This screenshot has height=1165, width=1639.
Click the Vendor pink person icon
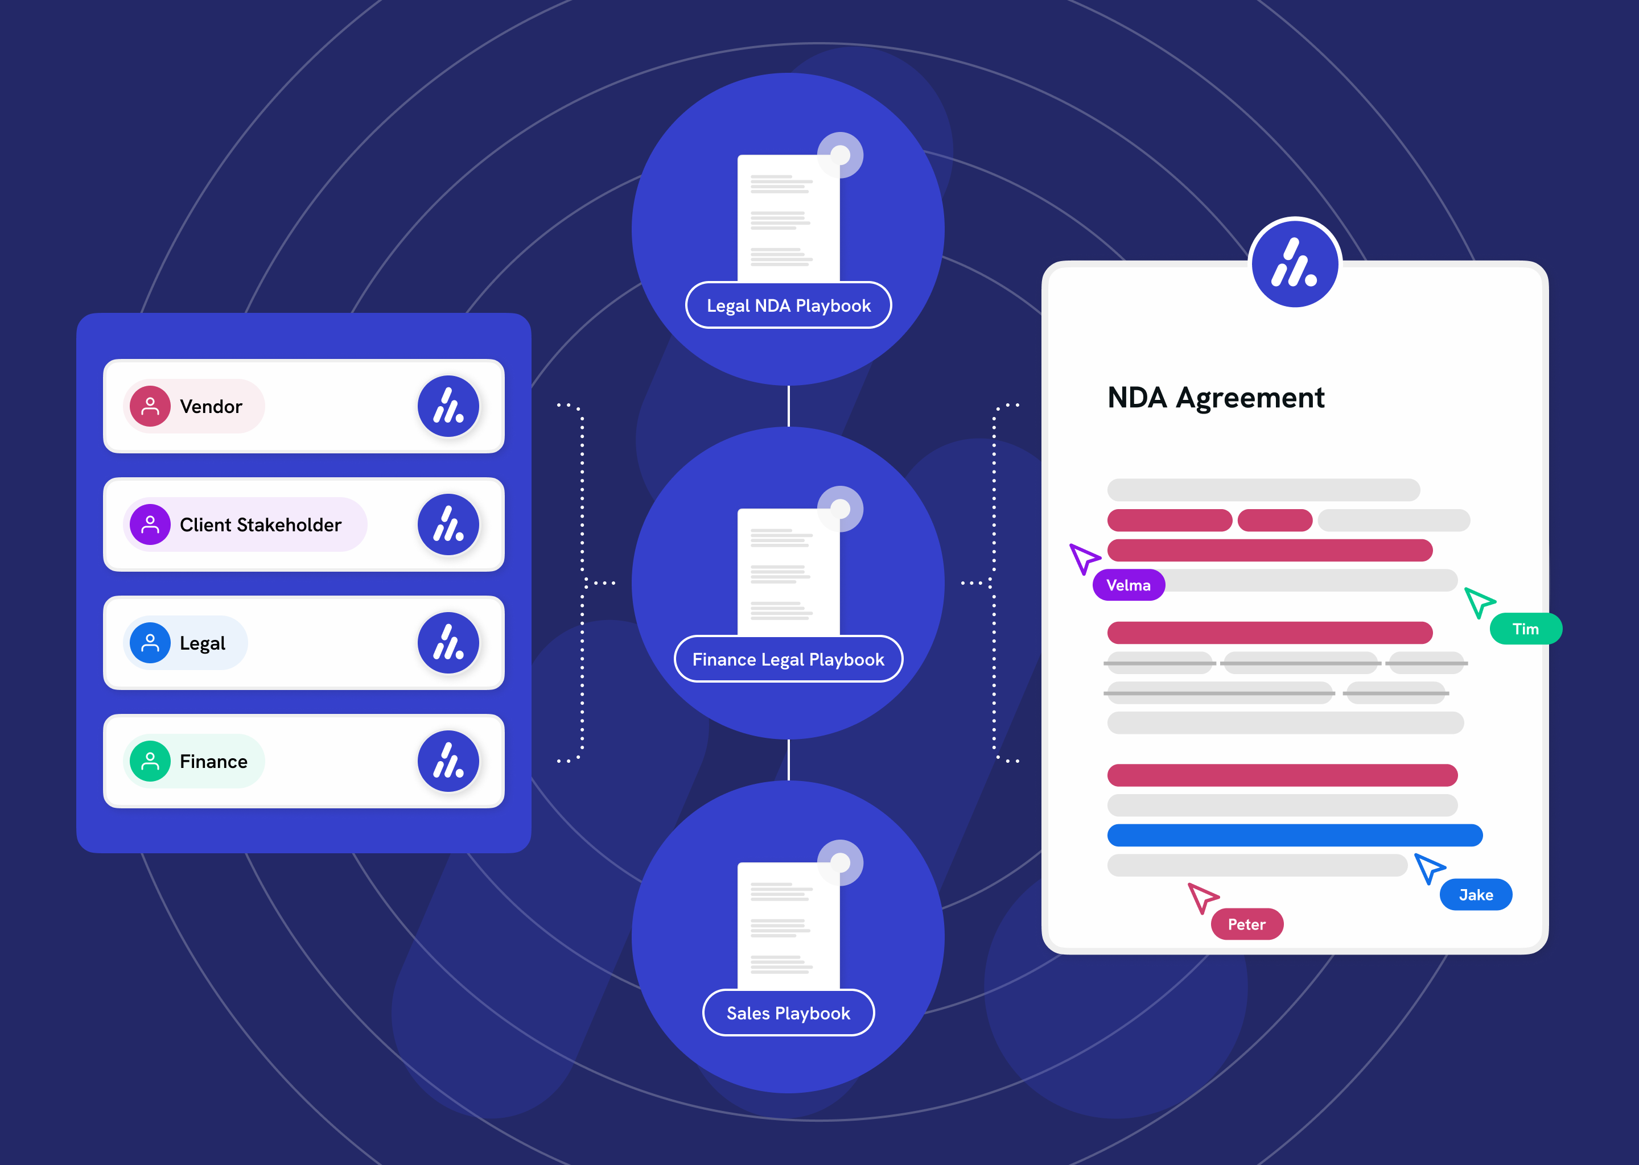150,406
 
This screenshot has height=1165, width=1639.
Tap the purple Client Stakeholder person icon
150,524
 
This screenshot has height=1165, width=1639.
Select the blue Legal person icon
150,643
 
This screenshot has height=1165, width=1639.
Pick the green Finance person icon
150,761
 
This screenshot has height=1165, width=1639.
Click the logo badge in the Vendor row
448,406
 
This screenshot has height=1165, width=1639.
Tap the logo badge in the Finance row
448,761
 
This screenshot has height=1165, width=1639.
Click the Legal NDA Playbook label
788,305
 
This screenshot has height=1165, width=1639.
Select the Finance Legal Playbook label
788,659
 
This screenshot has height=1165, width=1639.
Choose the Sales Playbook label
788,1013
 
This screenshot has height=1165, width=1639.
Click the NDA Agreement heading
1216,398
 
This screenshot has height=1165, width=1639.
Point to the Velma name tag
1128,585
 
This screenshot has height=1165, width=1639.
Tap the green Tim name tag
1526,629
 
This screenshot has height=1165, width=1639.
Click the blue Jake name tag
1476,895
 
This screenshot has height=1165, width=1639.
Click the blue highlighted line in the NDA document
1295,835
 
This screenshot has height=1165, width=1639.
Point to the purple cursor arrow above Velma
1084,558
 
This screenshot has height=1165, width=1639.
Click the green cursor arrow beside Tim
1479,602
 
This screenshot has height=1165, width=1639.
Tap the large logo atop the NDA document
1295,263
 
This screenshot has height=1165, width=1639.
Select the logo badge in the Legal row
448,643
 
